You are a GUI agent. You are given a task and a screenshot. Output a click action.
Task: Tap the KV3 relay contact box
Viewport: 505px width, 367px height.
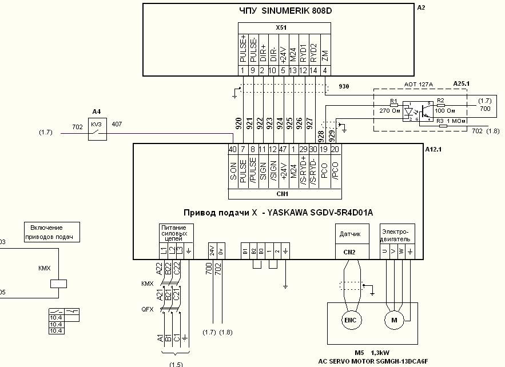point(96,132)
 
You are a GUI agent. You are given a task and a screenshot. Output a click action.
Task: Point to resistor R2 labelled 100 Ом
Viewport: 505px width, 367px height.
point(440,106)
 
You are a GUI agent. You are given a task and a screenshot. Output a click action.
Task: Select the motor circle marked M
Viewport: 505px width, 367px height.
point(394,320)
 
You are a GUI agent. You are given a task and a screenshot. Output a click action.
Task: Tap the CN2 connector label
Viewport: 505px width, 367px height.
point(349,252)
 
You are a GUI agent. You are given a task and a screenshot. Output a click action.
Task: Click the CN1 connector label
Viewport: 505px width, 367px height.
point(281,194)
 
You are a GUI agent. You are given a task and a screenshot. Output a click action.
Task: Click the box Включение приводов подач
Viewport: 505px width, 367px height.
point(51,232)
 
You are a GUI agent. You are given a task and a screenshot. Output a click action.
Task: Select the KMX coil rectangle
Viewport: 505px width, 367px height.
point(59,282)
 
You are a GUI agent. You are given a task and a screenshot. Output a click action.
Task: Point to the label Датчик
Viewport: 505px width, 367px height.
point(349,234)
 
